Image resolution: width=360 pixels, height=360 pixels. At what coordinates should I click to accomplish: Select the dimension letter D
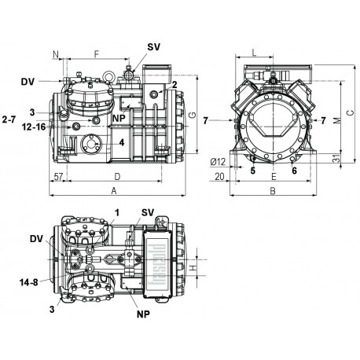pos(116,177)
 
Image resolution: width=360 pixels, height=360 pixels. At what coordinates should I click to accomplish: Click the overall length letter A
pos(115,191)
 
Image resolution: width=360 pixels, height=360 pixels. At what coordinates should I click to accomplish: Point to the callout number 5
pos(253,169)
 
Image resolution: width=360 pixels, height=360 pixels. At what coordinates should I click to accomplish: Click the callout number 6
pos(294,169)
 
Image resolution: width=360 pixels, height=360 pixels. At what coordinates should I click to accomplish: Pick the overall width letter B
pos(272,191)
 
